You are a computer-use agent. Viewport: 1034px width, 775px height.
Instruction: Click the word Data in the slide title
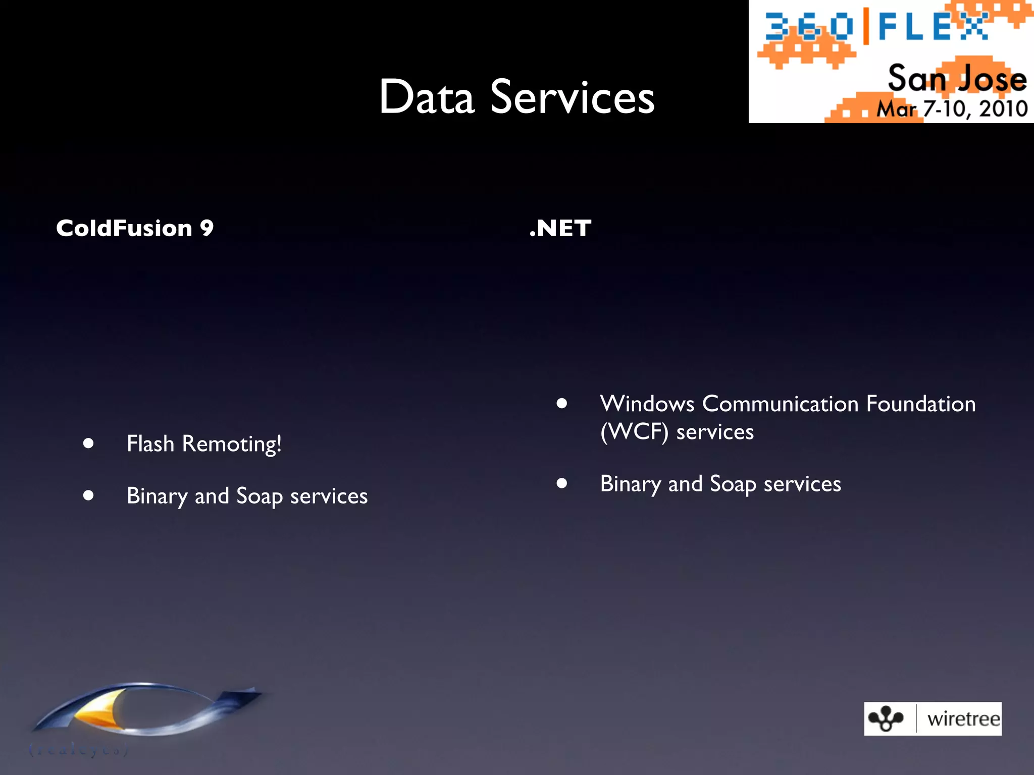click(x=427, y=97)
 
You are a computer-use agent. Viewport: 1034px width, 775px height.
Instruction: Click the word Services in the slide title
click(x=573, y=97)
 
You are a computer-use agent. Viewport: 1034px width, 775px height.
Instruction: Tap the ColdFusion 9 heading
click(x=135, y=228)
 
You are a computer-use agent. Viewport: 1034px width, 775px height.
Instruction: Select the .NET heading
click(x=560, y=228)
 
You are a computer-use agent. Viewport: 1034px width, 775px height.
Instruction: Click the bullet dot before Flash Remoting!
click(x=89, y=444)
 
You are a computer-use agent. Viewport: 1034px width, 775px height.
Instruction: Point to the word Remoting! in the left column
click(x=232, y=444)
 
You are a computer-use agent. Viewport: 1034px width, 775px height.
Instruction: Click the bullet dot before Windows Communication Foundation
click(x=562, y=403)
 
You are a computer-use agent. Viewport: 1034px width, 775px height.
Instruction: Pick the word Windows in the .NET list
click(x=648, y=404)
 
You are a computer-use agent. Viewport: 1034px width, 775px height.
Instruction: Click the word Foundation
click(x=921, y=404)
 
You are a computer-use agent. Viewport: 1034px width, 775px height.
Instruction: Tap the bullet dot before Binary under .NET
click(x=562, y=483)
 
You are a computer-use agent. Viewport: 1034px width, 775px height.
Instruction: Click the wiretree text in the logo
click(x=963, y=719)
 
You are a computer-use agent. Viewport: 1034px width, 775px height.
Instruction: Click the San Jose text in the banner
click(x=957, y=79)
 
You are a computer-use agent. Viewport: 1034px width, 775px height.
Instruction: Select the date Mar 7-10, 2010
click(x=952, y=109)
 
